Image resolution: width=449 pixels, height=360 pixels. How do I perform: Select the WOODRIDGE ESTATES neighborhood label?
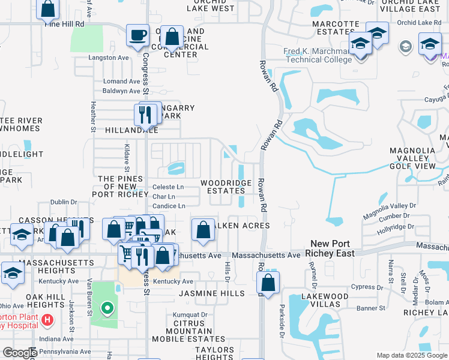[x=222, y=187]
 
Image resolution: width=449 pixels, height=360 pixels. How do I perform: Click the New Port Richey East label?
[x=332, y=248]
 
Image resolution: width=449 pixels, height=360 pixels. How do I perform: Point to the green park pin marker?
[x=107, y=309]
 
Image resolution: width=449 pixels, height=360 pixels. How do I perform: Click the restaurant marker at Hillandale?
[x=145, y=113]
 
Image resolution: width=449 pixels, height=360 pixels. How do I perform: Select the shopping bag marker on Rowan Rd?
[x=270, y=283]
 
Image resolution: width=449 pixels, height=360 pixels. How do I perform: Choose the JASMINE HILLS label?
[x=211, y=293]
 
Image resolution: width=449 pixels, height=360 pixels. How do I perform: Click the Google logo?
[x=19, y=353]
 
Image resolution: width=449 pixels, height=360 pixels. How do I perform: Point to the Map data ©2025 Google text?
[x=412, y=355]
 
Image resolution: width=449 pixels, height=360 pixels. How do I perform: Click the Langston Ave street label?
[x=109, y=58]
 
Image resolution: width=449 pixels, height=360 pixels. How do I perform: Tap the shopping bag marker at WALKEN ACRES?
[x=203, y=230]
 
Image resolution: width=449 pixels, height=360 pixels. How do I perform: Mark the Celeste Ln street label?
[x=168, y=187]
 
